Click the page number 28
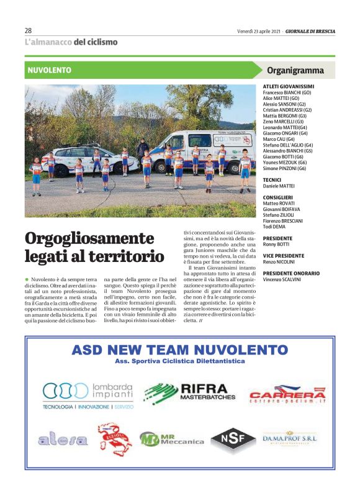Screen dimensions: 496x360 point(29,30)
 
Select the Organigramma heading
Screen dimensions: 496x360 point(295,70)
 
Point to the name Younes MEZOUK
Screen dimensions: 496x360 point(284,162)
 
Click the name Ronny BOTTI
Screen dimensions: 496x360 point(277,244)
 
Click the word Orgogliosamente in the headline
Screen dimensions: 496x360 point(89,238)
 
